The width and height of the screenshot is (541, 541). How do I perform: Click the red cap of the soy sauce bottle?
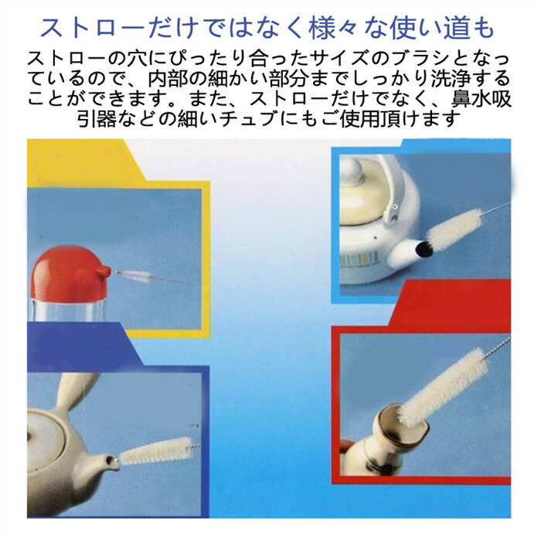pyautogui.click(x=70, y=273)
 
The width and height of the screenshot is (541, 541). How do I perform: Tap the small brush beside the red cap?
pyautogui.click(x=134, y=276)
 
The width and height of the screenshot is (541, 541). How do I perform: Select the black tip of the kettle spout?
pyautogui.click(x=424, y=249)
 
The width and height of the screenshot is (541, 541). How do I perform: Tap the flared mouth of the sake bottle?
pyautogui.click(x=403, y=422)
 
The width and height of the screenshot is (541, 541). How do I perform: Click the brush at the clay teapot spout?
pyautogui.click(x=156, y=451)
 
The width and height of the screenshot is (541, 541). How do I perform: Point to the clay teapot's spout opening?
pyautogui.click(x=110, y=460)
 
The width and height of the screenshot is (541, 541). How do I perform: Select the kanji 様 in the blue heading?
pyautogui.click(x=323, y=29)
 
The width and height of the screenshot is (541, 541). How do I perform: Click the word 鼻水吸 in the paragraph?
pyautogui.click(x=481, y=99)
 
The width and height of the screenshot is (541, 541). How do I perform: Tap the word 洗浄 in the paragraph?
pyautogui.click(x=451, y=79)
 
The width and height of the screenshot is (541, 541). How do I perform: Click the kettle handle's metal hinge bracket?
pyautogui.click(x=393, y=213)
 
